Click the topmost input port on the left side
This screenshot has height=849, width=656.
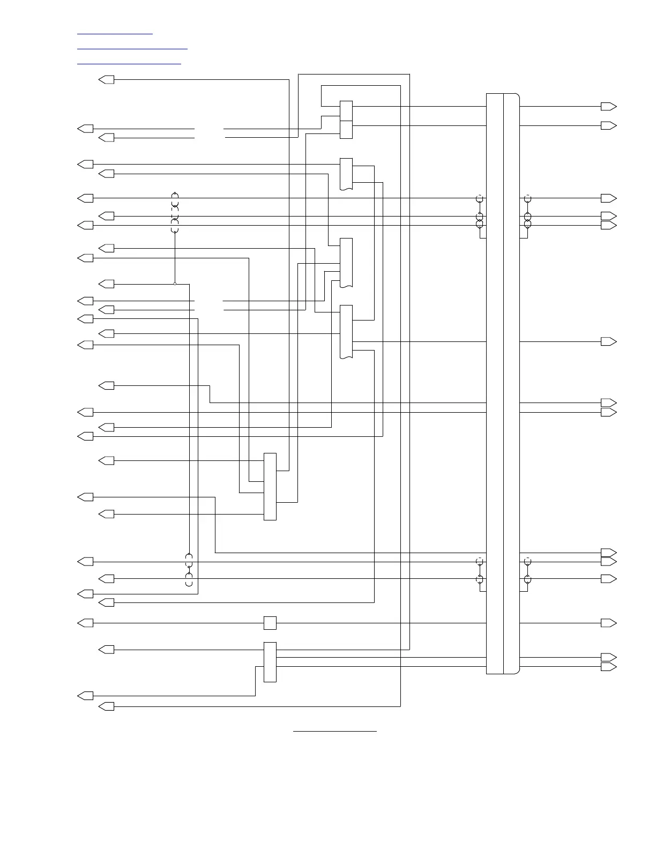click(x=107, y=80)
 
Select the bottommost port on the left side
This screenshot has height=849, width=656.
click(x=107, y=706)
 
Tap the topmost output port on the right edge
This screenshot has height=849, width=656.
click(x=608, y=106)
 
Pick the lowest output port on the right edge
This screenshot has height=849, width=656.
click(x=608, y=666)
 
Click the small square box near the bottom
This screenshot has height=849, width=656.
click(x=270, y=623)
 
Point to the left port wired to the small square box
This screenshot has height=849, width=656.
click(x=86, y=623)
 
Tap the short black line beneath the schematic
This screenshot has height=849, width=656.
click(x=335, y=731)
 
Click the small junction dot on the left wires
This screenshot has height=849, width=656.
click(x=175, y=284)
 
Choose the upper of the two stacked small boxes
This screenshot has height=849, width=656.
click(x=346, y=110)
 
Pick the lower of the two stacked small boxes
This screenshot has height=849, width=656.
click(x=346, y=130)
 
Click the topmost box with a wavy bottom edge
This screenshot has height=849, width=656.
click(x=346, y=174)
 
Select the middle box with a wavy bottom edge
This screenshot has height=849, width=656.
click(x=346, y=263)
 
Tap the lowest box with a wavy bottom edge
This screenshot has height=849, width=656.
click(x=346, y=331)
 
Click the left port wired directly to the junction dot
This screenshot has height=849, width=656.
click(x=107, y=284)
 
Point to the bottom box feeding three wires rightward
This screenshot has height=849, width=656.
click(x=270, y=662)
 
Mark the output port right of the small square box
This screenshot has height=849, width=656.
click(x=608, y=623)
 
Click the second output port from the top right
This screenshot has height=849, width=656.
click(x=608, y=125)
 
